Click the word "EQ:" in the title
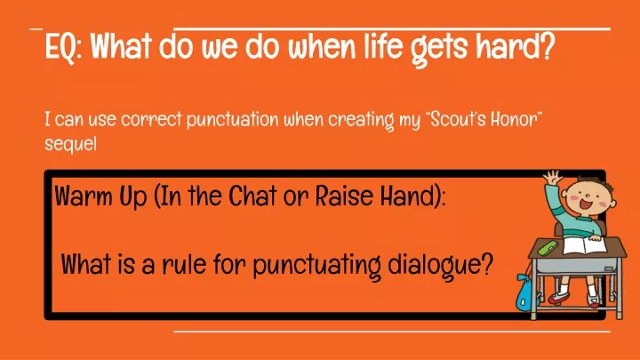click(64, 47)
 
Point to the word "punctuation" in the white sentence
click(233, 120)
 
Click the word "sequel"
click(70, 144)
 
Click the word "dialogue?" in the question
click(440, 266)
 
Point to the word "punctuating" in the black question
click(316, 266)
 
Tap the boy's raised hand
click(552, 178)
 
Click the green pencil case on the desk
click(548, 247)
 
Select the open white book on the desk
click(584, 245)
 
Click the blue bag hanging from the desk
click(526, 292)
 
